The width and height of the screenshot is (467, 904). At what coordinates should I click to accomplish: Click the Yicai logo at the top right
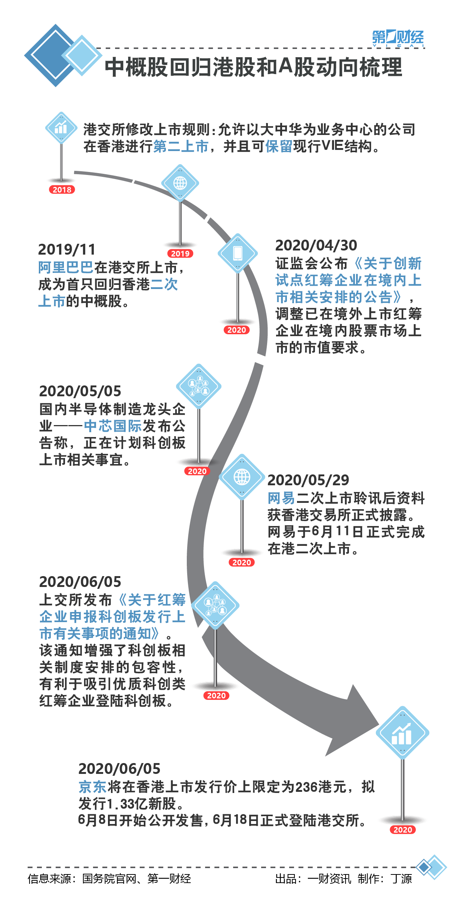point(398,38)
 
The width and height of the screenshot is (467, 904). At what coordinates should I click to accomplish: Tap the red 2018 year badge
point(62,190)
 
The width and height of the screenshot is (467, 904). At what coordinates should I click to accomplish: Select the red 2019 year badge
point(180,253)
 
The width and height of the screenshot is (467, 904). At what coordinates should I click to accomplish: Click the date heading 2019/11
point(67,249)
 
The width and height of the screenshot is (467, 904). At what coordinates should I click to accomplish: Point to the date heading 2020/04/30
point(316,245)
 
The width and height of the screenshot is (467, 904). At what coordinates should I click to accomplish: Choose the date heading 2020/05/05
point(80,391)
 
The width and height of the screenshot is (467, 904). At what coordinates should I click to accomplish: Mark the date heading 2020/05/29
point(308,480)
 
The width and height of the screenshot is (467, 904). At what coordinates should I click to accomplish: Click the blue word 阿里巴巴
point(66,267)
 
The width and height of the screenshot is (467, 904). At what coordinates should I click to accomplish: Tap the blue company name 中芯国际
point(112,426)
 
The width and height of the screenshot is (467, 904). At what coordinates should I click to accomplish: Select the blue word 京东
point(93,787)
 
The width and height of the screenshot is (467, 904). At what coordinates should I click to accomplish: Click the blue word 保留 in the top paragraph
point(279,146)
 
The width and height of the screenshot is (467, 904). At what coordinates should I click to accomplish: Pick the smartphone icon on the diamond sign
point(238,253)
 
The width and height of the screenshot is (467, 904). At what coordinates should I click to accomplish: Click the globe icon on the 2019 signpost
point(180,183)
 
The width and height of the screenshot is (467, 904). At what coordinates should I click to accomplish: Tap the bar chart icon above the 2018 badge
point(61,128)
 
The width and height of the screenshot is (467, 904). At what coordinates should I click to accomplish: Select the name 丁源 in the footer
point(401,879)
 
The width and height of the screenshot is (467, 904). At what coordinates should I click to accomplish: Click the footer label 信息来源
point(49,879)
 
